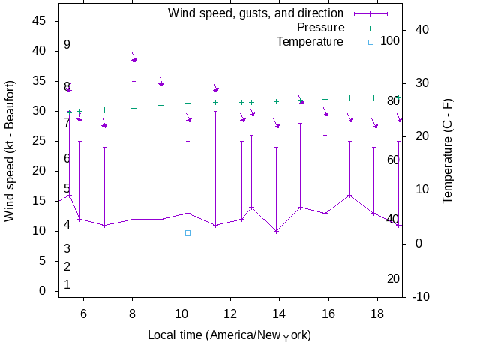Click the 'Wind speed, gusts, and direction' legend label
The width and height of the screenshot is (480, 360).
pyautogui.click(x=255, y=13)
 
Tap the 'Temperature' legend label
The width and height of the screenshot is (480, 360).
pyautogui.click(x=310, y=41)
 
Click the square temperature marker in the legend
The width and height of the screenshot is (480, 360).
pyautogui.click(x=370, y=42)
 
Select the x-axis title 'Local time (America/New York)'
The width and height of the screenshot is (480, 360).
pyautogui.click(x=229, y=334)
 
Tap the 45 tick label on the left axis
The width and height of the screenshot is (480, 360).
pyautogui.click(x=39, y=21)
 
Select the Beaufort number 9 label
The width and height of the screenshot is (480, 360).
pyautogui.click(x=67, y=45)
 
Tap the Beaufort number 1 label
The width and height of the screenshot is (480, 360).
pyautogui.click(x=67, y=285)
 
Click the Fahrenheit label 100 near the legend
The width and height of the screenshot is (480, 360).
pyautogui.click(x=390, y=40)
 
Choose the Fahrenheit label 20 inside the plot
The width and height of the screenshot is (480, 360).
pyautogui.click(x=393, y=279)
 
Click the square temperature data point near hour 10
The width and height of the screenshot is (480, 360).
pyautogui.click(x=188, y=232)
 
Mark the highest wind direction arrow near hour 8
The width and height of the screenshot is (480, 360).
pyautogui.click(x=134, y=58)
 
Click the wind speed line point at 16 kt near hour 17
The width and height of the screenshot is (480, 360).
pyautogui.click(x=349, y=195)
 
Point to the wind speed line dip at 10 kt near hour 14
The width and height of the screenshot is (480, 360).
pyautogui.click(x=276, y=231)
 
